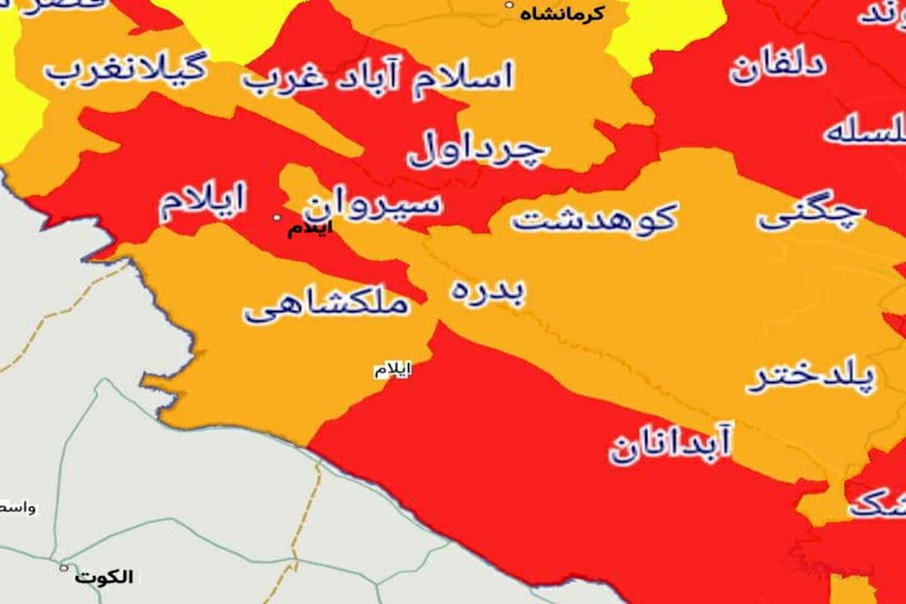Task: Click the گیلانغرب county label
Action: (125, 69)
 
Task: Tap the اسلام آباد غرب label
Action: (377, 76)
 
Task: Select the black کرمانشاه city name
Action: (562, 14)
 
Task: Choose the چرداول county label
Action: (476, 150)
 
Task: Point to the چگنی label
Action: (809, 214)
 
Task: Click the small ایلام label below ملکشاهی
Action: (393, 370)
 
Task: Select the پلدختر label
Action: (811, 377)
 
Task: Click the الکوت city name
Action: (104, 578)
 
